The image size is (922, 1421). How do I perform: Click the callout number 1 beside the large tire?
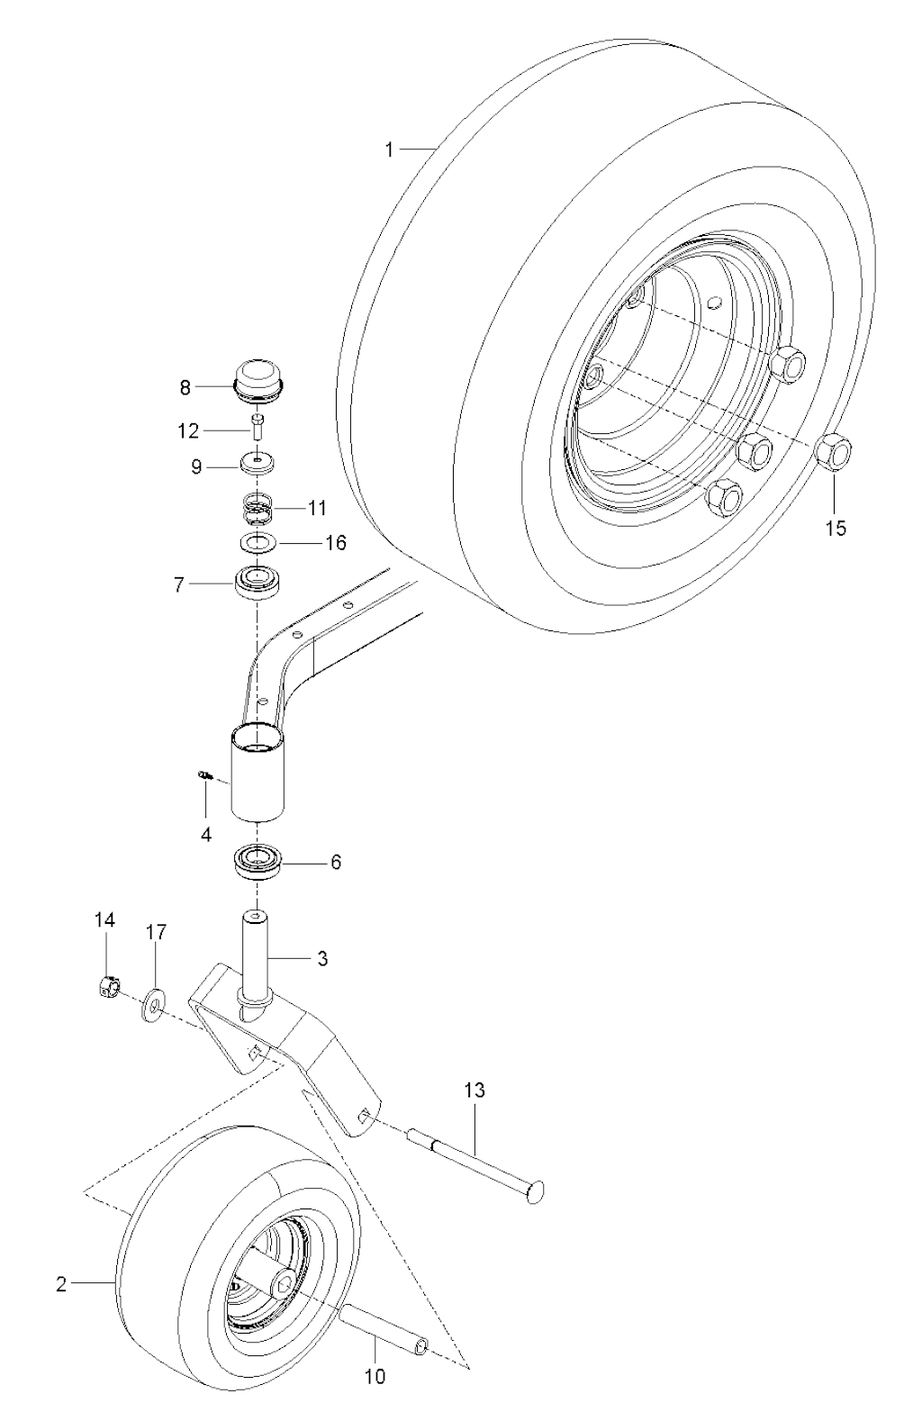[389, 150]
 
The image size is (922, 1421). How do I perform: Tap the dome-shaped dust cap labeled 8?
[260, 381]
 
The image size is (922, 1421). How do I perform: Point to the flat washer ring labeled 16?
[258, 542]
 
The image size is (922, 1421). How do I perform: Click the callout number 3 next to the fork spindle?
[322, 958]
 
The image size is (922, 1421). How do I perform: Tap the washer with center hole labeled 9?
[258, 462]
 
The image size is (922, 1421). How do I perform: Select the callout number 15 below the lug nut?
[836, 528]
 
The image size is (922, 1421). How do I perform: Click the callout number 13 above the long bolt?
[475, 1091]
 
